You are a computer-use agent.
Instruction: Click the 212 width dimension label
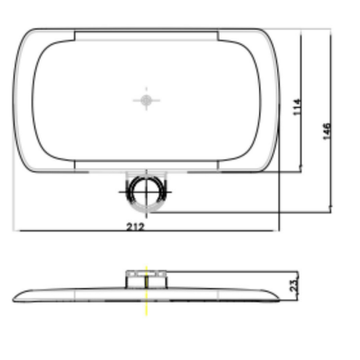pos(135,227)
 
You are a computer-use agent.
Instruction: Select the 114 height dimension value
pos(296,107)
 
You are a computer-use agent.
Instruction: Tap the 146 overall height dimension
pos(327,130)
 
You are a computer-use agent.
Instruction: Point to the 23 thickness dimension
pos(294,285)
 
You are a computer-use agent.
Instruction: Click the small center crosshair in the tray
pos(146,100)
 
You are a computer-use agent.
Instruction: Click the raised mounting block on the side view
pos(146,279)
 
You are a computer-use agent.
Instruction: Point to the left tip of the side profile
pos(13,300)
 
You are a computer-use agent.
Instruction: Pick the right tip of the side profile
pos(279,299)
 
